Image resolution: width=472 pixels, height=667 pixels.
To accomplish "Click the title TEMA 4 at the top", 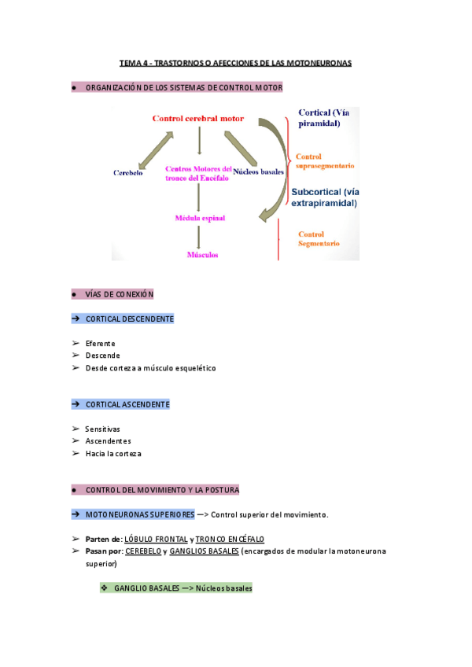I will tap(235, 62).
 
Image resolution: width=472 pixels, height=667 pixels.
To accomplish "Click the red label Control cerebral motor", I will tap(197, 119).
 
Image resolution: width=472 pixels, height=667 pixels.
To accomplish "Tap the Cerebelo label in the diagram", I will tap(127, 172).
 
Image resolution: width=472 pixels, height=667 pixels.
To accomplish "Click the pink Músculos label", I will tap(202, 255).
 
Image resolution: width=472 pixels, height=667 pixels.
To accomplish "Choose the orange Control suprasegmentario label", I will tap(323, 161).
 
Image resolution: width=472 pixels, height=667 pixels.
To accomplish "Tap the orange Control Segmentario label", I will tap(319, 238).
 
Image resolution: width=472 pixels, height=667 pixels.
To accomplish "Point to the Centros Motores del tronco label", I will tap(198, 173).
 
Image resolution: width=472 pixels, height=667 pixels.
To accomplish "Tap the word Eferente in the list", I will tap(100, 344).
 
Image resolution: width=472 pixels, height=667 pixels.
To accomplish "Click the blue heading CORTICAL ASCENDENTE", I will tap(127, 404).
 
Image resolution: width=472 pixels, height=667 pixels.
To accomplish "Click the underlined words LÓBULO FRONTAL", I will tap(156, 540).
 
